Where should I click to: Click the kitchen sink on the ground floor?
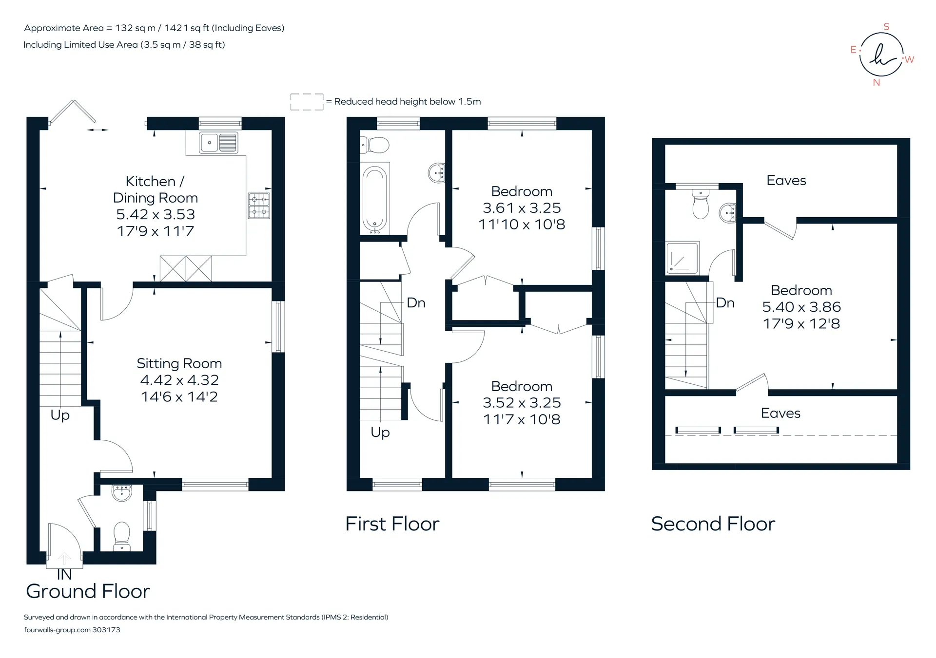point(219,143)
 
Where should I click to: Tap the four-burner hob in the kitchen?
point(259,206)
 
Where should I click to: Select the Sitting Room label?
point(179,363)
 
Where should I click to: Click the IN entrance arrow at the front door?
point(64,558)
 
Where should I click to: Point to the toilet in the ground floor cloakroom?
point(121,536)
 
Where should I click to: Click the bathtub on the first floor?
point(375,199)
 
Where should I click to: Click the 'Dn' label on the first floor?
point(416,303)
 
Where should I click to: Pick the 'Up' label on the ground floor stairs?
point(60,415)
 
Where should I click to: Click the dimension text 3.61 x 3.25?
point(522,208)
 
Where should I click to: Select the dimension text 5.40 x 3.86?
point(801,307)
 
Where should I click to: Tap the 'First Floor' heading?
point(392,524)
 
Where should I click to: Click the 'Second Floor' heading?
point(713,524)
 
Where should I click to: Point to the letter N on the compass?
point(877,83)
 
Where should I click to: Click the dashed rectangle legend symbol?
point(307,102)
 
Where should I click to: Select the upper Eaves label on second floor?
point(786,181)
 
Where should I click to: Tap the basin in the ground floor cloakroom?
point(122,492)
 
